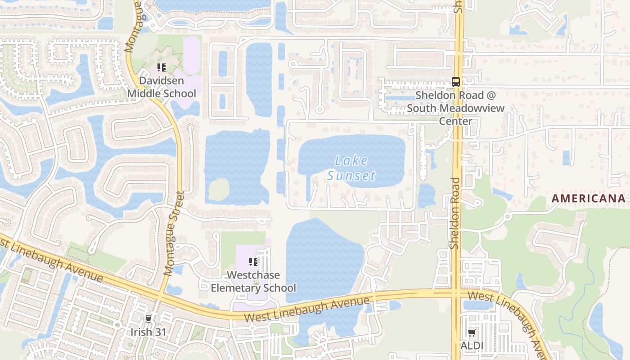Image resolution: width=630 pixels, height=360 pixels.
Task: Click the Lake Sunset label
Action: tap(351, 168)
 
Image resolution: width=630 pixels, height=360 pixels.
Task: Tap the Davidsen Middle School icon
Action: tap(161, 68)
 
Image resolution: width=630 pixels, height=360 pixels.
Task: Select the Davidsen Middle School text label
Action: tap(162, 87)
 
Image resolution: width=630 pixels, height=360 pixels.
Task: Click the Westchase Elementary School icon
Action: tap(253, 262)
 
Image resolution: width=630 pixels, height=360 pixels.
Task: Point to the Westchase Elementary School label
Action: tap(253, 281)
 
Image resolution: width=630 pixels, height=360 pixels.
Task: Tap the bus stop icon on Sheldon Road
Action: tap(456, 82)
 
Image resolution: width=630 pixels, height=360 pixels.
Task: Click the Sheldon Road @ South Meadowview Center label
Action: tap(455, 108)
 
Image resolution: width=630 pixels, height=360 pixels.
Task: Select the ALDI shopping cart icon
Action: tap(472, 333)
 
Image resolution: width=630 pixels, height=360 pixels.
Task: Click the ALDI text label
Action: tap(472, 346)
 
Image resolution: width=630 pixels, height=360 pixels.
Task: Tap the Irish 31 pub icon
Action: tap(148, 319)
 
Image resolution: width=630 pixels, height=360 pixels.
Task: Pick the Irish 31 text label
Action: tap(148, 332)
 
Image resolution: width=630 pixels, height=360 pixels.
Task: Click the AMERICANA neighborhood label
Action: tap(589, 198)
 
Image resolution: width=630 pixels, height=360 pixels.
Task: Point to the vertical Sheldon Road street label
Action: tap(455, 213)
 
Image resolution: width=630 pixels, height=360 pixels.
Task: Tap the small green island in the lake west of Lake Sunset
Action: tap(219, 189)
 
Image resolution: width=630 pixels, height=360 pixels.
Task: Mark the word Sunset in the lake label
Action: tap(351, 175)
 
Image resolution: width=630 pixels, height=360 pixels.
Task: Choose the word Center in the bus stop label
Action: tap(455, 121)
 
